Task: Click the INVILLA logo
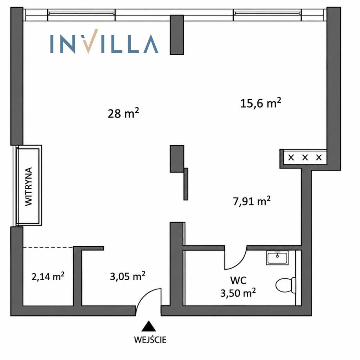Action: [104, 41]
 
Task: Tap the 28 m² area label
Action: [123, 113]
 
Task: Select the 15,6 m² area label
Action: [261, 103]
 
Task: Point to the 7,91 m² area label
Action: [252, 201]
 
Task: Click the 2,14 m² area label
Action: [48, 276]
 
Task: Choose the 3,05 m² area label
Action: [127, 276]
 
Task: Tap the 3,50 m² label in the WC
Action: [238, 293]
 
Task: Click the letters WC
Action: [238, 280]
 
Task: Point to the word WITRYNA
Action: [28, 186]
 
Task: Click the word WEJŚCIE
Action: [150, 340]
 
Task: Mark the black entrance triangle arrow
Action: [149, 326]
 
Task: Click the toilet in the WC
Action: [285, 285]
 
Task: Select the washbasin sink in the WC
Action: [277, 258]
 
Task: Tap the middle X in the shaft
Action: [305, 157]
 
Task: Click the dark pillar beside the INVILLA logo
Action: [177, 35]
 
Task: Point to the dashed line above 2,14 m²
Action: [48, 248]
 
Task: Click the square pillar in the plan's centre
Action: [177, 159]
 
